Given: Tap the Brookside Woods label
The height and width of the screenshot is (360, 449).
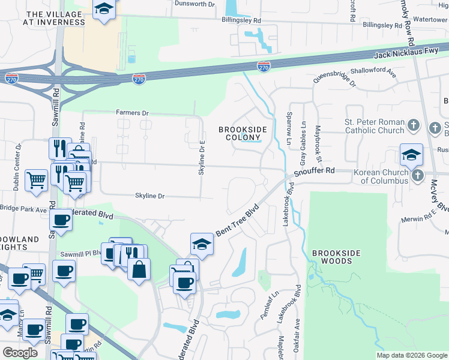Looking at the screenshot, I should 336,257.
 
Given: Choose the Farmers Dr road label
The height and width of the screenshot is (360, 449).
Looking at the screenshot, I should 132,113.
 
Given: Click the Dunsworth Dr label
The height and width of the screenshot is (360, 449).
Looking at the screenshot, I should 194,4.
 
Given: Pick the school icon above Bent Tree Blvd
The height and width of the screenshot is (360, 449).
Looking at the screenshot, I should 202,244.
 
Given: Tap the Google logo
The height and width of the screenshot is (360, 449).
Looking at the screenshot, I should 20,353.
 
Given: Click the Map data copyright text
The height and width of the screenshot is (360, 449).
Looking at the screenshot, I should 411,355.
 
